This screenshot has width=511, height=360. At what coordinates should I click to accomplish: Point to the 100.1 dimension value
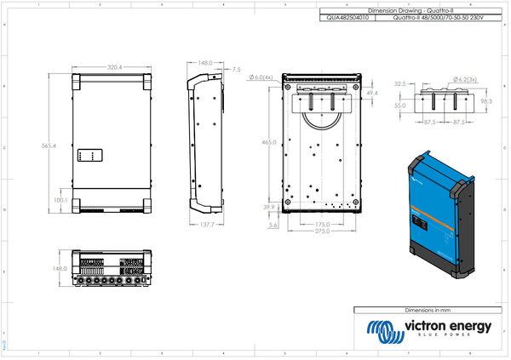(60, 200)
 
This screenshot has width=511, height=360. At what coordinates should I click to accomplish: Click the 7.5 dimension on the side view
(236, 69)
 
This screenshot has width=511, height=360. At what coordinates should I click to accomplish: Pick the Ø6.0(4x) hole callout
(261, 77)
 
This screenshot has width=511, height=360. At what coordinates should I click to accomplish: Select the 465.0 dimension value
(269, 143)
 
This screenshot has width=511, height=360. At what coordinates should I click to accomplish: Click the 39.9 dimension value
(270, 208)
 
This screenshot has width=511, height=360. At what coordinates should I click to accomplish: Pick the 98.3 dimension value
(486, 101)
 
